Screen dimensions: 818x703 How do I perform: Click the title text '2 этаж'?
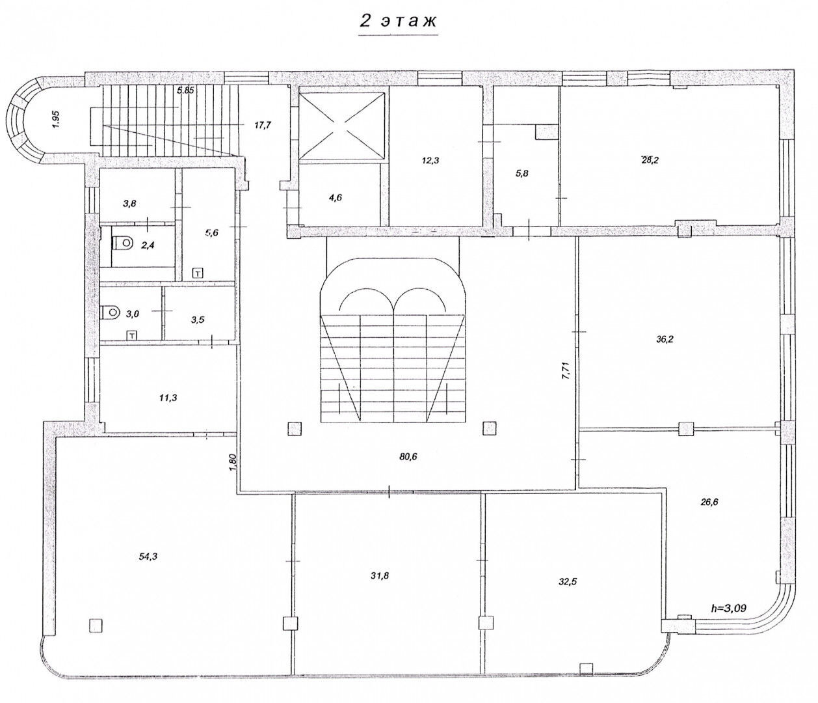(398, 21)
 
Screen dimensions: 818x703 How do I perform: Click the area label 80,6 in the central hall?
(408, 457)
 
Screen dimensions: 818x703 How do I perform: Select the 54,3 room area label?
(148, 557)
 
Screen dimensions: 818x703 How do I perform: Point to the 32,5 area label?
(568, 582)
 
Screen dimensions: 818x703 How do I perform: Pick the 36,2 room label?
(665, 339)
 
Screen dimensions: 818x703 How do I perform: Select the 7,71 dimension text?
(566, 371)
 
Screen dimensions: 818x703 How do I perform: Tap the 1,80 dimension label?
(233, 462)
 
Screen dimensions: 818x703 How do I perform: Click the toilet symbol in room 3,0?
(111, 312)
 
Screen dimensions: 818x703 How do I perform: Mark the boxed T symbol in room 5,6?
(198, 273)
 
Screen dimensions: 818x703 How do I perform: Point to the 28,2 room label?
(650, 160)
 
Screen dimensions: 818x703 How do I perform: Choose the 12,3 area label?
(430, 161)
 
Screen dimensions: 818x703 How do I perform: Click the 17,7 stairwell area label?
(263, 125)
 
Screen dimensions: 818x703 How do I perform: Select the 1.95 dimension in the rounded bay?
(57, 118)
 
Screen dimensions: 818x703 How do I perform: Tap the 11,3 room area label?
(168, 398)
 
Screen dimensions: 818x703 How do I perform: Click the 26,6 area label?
(709, 503)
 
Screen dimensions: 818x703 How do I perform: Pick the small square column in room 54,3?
(95, 626)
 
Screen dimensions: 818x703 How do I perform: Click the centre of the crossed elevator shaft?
(341, 126)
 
